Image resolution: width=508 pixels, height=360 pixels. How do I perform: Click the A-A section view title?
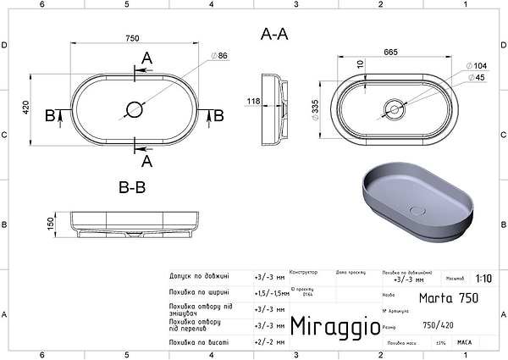[273, 35]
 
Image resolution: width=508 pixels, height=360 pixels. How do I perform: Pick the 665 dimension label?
[391, 53]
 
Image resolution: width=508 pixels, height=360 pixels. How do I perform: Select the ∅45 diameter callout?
[477, 78]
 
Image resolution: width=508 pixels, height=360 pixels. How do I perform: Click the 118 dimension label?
[253, 102]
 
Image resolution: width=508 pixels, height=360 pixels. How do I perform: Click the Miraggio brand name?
[329, 325]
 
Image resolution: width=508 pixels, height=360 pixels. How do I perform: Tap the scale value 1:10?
[483, 278]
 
